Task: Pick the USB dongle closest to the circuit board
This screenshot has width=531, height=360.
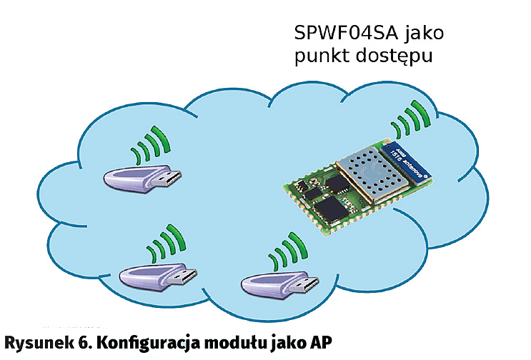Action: pyautogui.click(x=275, y=286)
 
